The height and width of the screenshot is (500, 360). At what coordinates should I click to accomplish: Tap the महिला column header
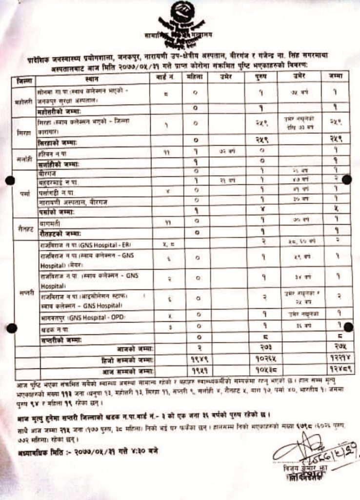point(194,78)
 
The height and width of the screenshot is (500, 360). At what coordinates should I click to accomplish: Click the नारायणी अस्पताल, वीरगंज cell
point(74,202)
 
